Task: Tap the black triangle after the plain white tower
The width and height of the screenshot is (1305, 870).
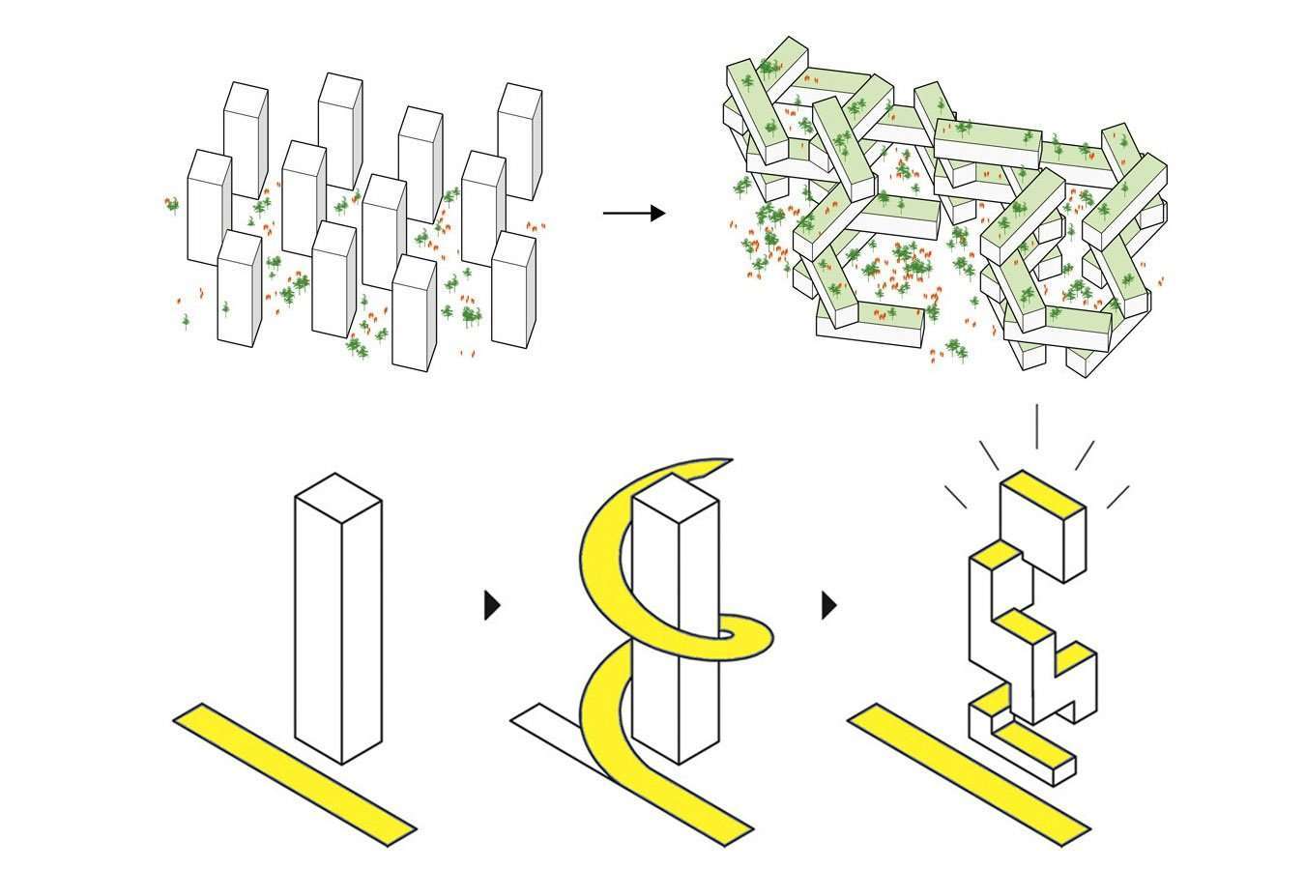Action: coord(491,605)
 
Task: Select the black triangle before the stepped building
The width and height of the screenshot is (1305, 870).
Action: coord(827,605)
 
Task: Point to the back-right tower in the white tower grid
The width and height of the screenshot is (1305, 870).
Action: coord(520,140)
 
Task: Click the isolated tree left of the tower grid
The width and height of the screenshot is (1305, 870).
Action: coord(172,204)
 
